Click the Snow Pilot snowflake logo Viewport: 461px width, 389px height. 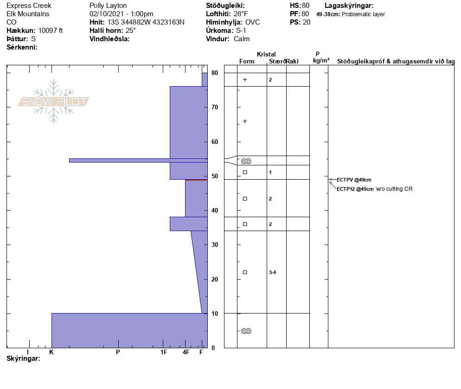[53, 101]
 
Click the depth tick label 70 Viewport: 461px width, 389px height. [215, 107]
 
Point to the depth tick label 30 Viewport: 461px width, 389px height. [215, 245]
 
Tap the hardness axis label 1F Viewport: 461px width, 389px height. [164, 352]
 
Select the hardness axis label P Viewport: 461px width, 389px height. [118, 352]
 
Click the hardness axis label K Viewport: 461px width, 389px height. [51, 352]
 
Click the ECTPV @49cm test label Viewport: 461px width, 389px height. [354, 180]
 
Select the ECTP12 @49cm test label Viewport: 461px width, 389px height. [355, 189]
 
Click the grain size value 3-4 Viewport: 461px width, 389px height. [273, 272]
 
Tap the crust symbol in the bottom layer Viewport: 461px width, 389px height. [246, 331]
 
